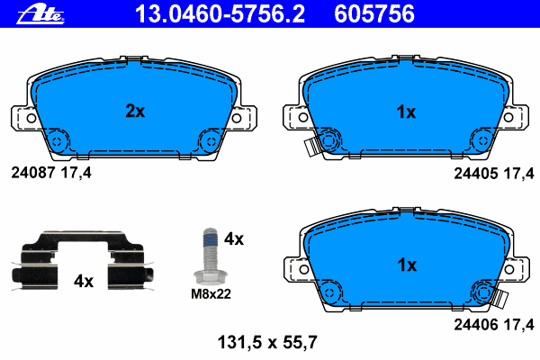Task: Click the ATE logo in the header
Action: (x=40, y=15)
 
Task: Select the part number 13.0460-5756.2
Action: (x=220, y=13)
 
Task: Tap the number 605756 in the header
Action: (x=374, y=13)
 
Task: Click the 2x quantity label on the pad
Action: (x=135, y=111)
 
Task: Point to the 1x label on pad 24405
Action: (x=406, y=112)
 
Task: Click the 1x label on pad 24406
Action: (x=407, y=265)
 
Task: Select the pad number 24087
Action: (x=33, y=173)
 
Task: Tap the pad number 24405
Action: (x=475, y=174)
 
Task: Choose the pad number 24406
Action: (x=475, y=325)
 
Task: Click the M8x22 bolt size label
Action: (x=211, y=294)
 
